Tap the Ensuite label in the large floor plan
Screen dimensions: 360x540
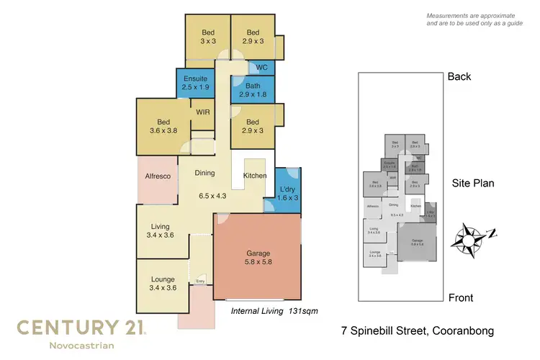pyautogui.click(x=195, y=82)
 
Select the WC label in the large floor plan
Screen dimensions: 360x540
pyautogui.click(x=262, y=67)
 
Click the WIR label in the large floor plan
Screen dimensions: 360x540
pyautogui.click(x=202, y=112)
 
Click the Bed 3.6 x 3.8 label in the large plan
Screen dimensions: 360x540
pyautogui.click(x=163, y=127)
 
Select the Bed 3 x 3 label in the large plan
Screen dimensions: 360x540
pyautogui.click(x=207, y=37)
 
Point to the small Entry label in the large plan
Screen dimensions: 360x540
pyautogui.click(x=200, y=282)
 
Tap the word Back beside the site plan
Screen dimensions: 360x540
pyautogui.click(x=459, y=76)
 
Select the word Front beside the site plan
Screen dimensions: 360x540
pyautogui.click(x=461, y=297)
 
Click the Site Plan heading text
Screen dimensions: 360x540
pyautogui.click(x=472, y=183)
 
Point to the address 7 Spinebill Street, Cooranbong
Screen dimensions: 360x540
pyautogui.click(x=417, y=332)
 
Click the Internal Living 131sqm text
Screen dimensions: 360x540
pyautogui.click(x=274, y=311)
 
